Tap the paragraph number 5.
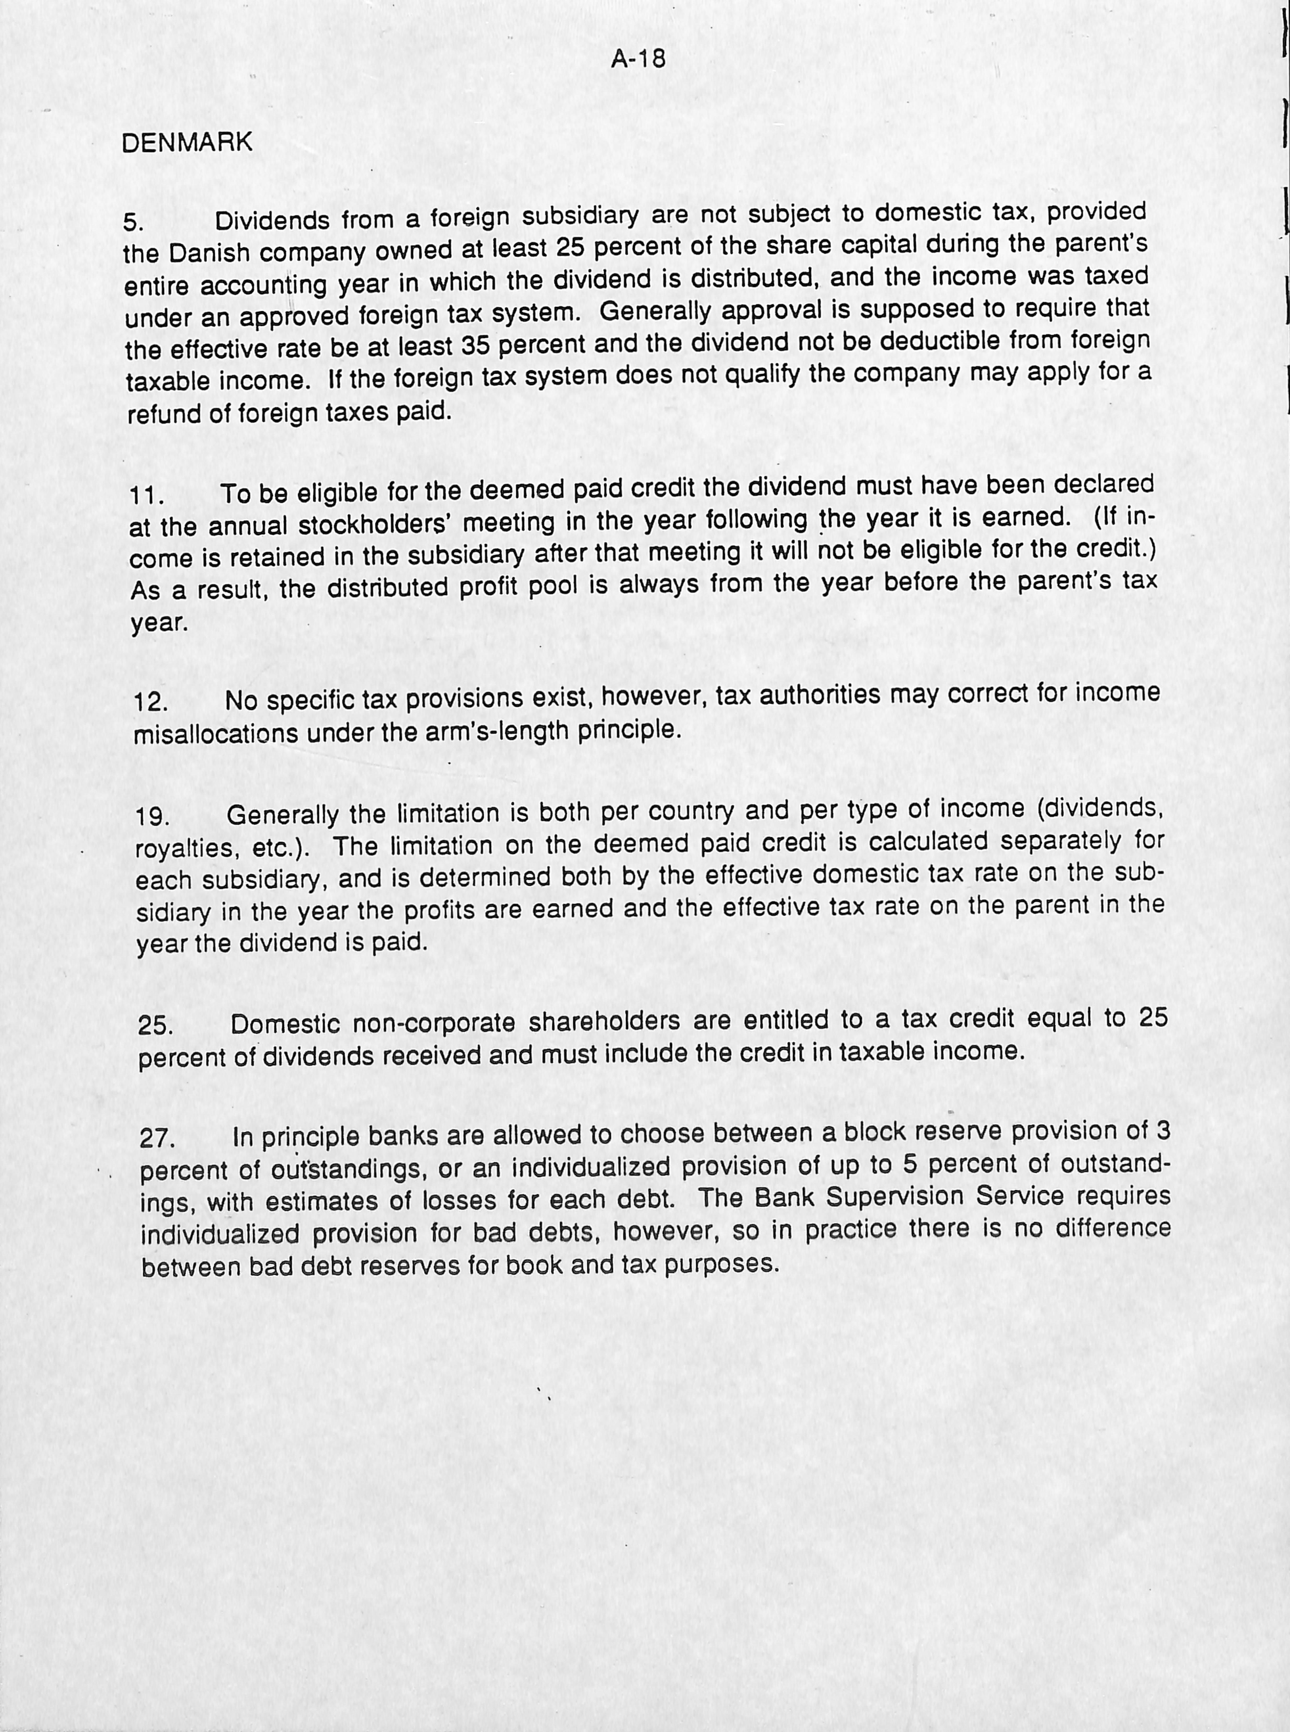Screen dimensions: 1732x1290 click(133, 223)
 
